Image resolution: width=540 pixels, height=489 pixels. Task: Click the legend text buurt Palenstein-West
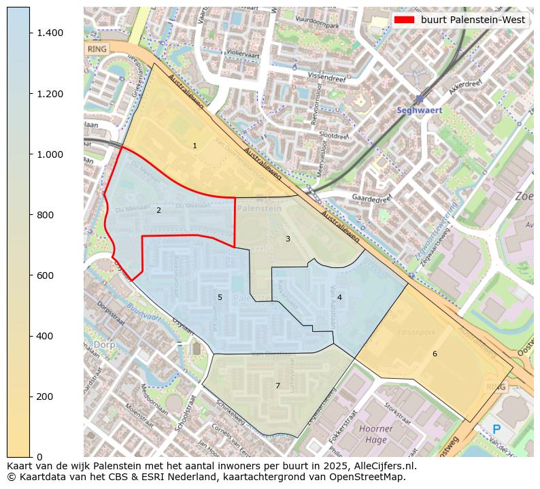pyautogui.click(x=473, y=20)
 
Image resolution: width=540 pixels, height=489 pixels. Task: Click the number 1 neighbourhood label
pyautogui.click(x=195, y=146)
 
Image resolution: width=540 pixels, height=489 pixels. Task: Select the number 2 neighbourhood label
pyautogui.click(x=158, y=210)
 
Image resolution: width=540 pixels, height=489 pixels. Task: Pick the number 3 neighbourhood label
pyautogui.click(x=288, y=239)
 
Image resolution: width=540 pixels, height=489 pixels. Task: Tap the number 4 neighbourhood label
pyautogui.click(x=339, y=297)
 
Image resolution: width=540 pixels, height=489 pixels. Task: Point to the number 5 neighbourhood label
pyautogui.click(x=220, y=297)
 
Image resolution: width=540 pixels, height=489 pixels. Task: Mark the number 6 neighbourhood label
pyautogui.click(x=435, y=354)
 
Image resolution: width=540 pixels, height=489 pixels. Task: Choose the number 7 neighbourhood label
pyautogui.click(x=277, y=386)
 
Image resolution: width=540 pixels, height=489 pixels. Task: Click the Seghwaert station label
pyautogui.click(x=420, y=110)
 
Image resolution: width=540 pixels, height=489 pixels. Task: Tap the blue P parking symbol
pyautogui.click(x=496, y=430)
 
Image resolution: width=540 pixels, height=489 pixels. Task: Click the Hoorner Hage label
pyautogui.click(x=376, y=434)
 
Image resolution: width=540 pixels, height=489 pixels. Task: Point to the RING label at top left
pyautogui.click(x=97, y=50)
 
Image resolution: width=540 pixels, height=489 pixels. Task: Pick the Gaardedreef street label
pyautogui.click(x=372, y=198)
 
